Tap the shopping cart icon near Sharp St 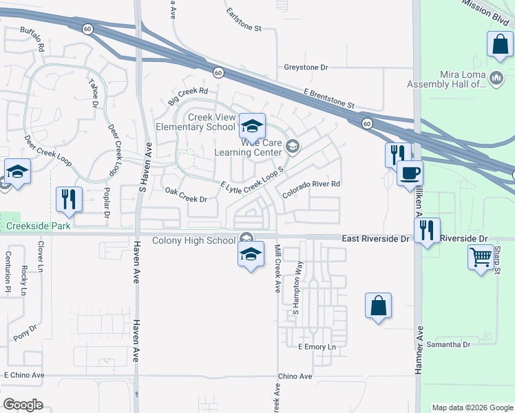pos(481,257)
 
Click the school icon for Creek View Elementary pos(253,125)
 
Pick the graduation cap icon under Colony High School pos(251,255)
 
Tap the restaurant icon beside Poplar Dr pos(69,200)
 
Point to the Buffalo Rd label pos(32,39)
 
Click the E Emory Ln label pos(317,346)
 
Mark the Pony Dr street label pos(25,332)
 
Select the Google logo pos(22,405)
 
